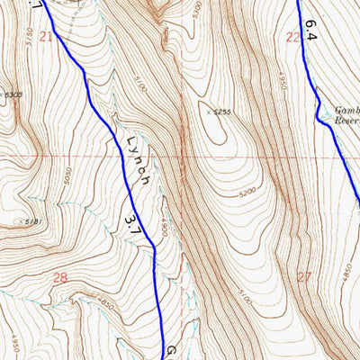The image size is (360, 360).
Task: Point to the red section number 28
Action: coord(59,279)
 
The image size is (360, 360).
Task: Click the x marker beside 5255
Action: coord(207,112)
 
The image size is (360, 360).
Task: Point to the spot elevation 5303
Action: coord(12,94)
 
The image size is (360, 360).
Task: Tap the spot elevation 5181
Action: coord(31,221)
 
